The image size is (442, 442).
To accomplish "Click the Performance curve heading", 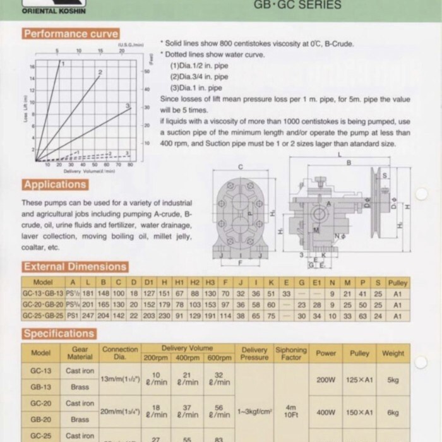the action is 70,33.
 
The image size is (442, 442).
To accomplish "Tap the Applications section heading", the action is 55,184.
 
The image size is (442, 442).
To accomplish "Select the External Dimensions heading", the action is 75,266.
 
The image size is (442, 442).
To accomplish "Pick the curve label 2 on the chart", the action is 100,73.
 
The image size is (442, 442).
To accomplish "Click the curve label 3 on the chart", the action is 128,105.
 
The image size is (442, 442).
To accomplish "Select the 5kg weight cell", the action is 393,380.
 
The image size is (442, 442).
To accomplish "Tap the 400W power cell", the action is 326,412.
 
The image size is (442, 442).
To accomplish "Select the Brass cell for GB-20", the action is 80,419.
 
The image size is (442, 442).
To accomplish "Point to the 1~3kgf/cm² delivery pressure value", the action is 254,412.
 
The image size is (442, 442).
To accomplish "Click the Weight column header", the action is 393,353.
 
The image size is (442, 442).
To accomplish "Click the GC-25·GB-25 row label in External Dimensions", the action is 42,315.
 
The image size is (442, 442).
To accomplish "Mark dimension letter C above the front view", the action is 241,167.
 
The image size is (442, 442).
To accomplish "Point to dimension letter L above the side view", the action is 340,153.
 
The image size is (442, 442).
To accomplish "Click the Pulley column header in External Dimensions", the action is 398,282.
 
